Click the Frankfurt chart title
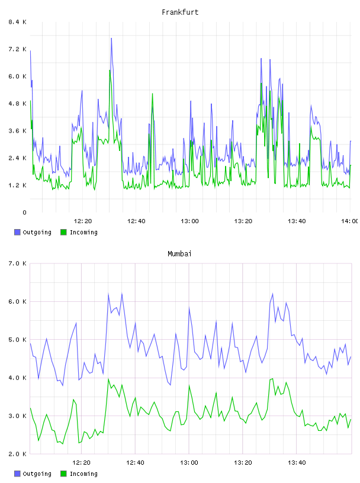pos(180,12)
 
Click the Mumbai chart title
pos(179,254)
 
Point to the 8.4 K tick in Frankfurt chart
pos(17,22)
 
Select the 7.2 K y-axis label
pos(17,49)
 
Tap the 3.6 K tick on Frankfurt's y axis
pos(17,131)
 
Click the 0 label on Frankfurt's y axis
pos(24,212)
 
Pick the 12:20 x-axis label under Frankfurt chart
pos(83,221)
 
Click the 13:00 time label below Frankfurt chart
pos(189,221)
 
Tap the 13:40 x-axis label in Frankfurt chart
pos(297,221)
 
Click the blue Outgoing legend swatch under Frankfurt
pos(17,232)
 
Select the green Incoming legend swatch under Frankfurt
pos(63,232)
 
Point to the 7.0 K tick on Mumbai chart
pos(17,263)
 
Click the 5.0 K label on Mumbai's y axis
pos(17,340)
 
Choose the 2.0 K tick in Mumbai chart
pos(17,454)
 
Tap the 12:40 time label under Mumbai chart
pos(135,463)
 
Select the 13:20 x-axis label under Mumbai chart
pos(243,463)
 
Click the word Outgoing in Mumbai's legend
pos(37,474)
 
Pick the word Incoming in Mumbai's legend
pos(83,474)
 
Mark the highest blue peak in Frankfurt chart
pos(111,38)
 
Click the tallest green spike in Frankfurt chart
pos(110,70)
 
